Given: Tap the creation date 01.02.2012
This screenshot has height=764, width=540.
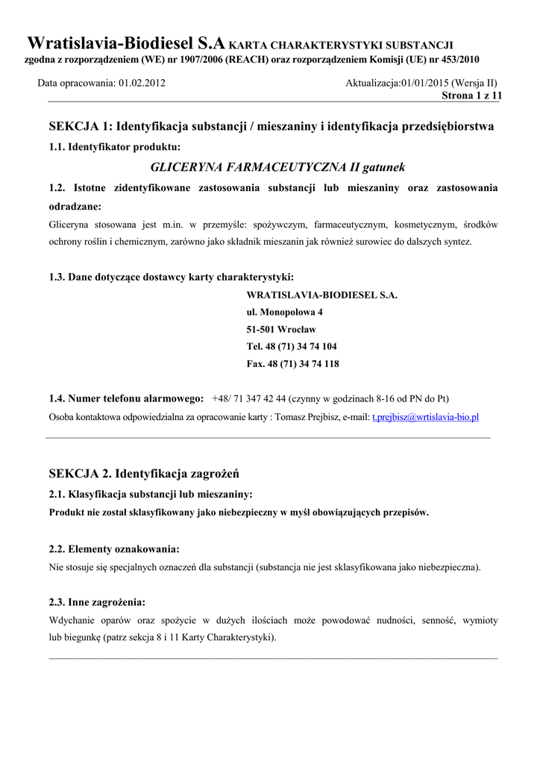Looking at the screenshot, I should click(142, 84).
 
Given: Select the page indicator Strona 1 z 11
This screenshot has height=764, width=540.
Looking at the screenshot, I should click(472, 95).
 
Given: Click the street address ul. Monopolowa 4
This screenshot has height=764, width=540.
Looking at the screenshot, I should click(284, 312).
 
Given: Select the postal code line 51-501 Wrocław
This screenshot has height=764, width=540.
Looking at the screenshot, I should click(281, 329).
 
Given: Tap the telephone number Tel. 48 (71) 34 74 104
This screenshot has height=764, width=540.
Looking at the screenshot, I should click(292, 346).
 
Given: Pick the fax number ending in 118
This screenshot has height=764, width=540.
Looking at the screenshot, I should click(292, 363).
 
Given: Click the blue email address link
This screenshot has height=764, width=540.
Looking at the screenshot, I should click(425, 417).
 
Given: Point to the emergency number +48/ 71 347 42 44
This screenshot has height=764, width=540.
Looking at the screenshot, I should click(249, 398).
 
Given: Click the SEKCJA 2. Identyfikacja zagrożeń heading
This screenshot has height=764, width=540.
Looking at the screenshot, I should click(144, 474).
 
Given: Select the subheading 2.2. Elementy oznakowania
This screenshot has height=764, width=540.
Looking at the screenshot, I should click(113, 549).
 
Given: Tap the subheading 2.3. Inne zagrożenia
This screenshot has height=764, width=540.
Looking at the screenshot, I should click(97, 601).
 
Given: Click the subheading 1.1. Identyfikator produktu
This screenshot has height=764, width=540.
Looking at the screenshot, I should click(114, 146).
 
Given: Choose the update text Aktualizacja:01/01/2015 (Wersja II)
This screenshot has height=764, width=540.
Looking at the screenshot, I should click(421, 84).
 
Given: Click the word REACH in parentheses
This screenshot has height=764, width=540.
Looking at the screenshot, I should click(245, 59).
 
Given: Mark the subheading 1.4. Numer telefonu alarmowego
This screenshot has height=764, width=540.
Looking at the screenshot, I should click(125, 398).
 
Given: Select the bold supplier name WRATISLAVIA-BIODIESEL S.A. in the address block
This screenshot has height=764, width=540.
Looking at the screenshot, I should click(321, 295).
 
